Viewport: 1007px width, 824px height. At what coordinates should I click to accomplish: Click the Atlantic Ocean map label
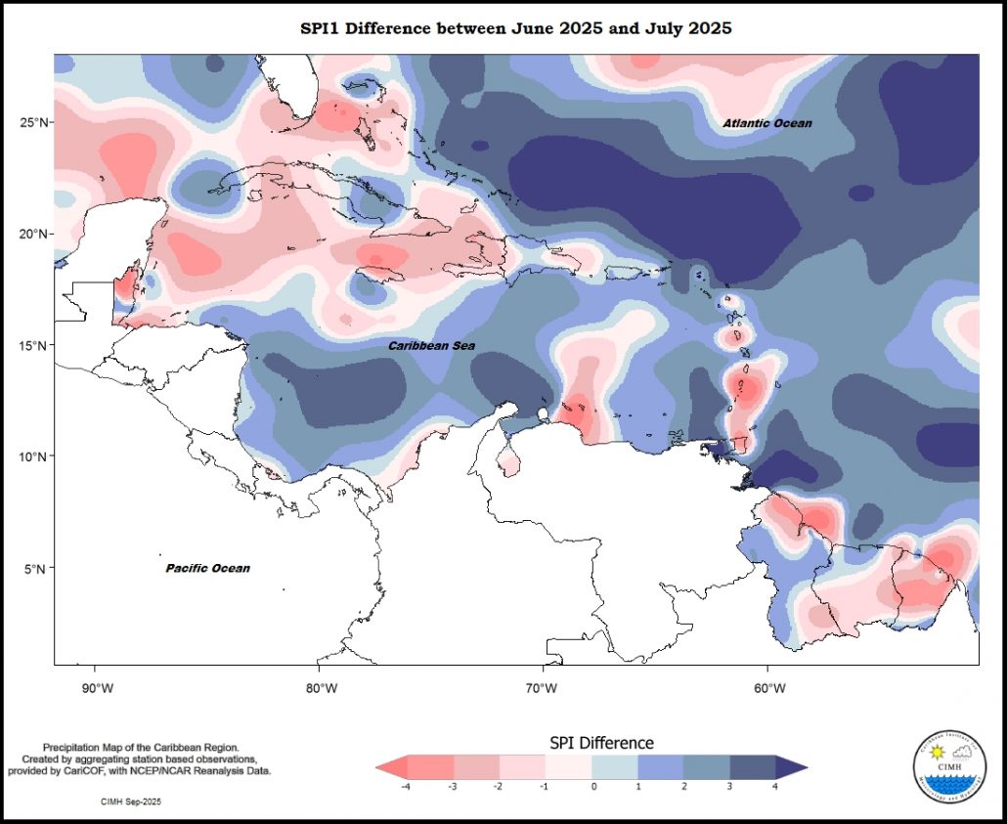766,123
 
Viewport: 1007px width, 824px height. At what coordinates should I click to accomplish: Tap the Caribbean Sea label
431,346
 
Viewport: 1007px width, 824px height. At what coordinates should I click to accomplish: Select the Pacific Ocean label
207,568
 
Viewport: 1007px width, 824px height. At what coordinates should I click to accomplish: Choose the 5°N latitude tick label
37,568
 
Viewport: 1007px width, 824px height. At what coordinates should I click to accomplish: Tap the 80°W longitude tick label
320,687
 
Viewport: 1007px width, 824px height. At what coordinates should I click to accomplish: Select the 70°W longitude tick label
543,687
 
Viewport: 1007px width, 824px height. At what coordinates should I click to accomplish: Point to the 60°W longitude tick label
768,687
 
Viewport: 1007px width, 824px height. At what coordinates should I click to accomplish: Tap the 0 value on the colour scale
593,786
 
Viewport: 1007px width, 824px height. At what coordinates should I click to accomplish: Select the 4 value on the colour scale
776,786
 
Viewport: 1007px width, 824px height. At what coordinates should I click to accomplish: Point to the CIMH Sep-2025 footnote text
131,802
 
